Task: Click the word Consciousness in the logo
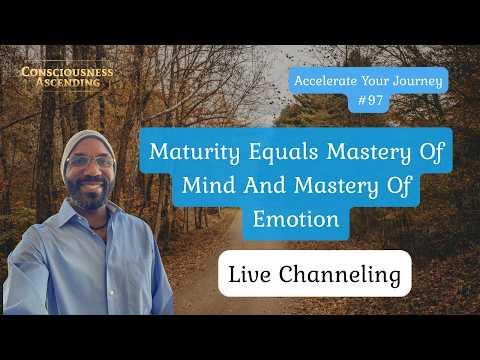pyautogui.click(x=68, y=73)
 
